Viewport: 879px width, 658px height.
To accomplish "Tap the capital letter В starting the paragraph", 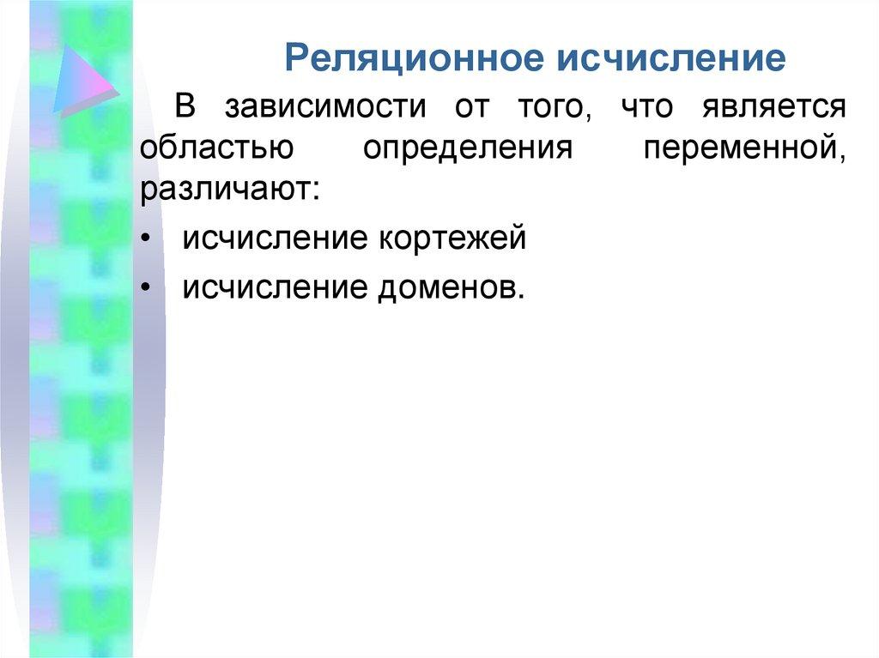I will [187, 107].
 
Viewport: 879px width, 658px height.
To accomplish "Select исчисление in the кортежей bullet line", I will [273, 238].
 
